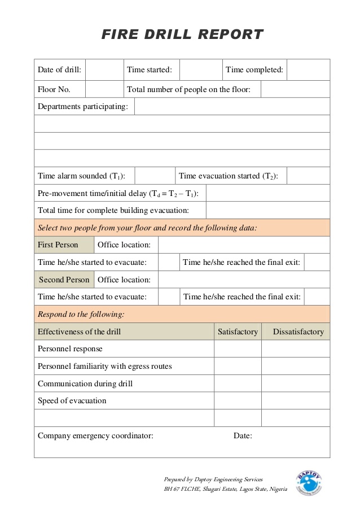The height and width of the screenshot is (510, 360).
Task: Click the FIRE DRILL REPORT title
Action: pyautogui.click(x=182, y=34)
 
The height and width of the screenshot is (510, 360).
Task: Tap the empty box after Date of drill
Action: pyautogui.click(x=104, y=70)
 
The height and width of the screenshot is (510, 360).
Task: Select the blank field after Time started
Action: pyautogui.click(x=200, y=70)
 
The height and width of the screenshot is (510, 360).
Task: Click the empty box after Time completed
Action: pyautogui.click(x=308, y=70)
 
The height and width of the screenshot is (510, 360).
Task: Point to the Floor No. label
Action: pyautogui.click(x=54, y=89)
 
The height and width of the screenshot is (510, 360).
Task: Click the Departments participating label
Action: pyautogui.click(x=82, y=106)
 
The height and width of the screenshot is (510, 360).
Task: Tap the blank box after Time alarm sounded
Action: pyautogui.click(x=155, y=176)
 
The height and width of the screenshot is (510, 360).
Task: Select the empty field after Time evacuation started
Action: pyautogui.click(x=308, y=176)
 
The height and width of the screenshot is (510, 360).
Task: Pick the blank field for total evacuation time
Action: pyautogui.click(x=267, y=210)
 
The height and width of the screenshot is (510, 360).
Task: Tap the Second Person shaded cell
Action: pyautogui.click(x=64, y=280)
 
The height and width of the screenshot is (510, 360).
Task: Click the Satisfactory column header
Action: pyautogui.click(x=238, y=332)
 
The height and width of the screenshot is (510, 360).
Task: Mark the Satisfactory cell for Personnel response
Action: pyautogui.click(x=238, y=348)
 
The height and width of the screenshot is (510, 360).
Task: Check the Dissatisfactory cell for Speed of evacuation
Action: pyautogui.click(x=296, y=401)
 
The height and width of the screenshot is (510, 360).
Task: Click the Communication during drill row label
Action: pyautogui.click(x=85, y=383)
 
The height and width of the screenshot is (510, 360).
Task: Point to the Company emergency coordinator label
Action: pyautogui.click(x=95, y=435)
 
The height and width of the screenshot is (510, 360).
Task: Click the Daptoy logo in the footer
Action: pyautogui.click(x=309, y=483)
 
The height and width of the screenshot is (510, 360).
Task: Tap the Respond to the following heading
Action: pyautogui.click(x=81, y=314)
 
